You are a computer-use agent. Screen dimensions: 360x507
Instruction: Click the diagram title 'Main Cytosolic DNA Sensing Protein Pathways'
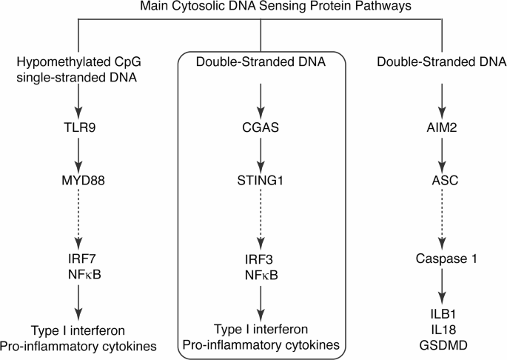(259, 7)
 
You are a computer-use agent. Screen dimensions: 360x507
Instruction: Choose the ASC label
(442, 179)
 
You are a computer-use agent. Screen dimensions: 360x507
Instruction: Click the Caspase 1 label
(442, 260)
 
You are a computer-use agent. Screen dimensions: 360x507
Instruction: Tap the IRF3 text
(259, 260)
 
